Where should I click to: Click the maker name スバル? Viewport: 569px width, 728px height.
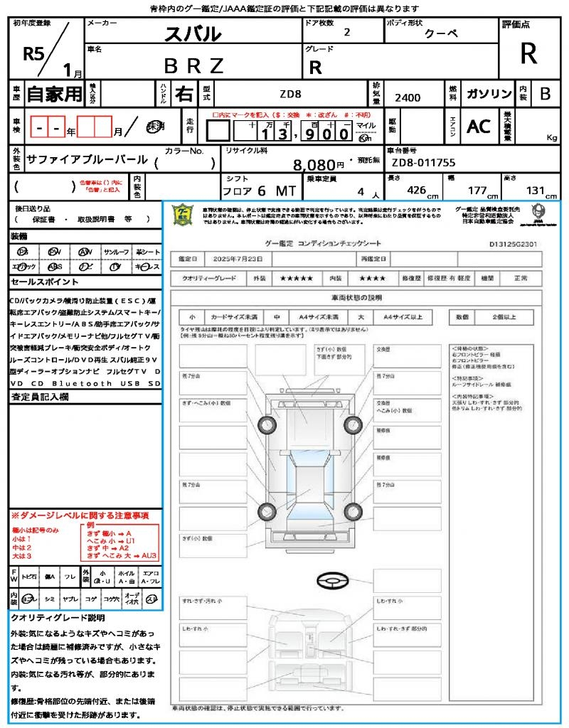click(x=193, y=33)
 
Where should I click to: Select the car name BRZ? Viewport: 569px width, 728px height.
click(x=193, y=66)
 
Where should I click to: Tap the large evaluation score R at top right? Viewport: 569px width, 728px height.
click(x=528, y=53)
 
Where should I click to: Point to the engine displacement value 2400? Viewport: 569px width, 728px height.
click(x=408, y=97)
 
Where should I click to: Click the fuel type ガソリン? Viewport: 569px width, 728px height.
click(x=489, y=95)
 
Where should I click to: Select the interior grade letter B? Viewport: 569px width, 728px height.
click(x=545, y=94)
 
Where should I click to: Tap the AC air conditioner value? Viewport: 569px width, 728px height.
click(x=479, y=126)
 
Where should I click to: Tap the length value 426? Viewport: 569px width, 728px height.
click(x=416, y=191)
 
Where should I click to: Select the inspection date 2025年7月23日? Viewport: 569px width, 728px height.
click(x=245, y=259)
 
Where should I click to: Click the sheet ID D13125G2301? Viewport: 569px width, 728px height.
click(x=512, y=243)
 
